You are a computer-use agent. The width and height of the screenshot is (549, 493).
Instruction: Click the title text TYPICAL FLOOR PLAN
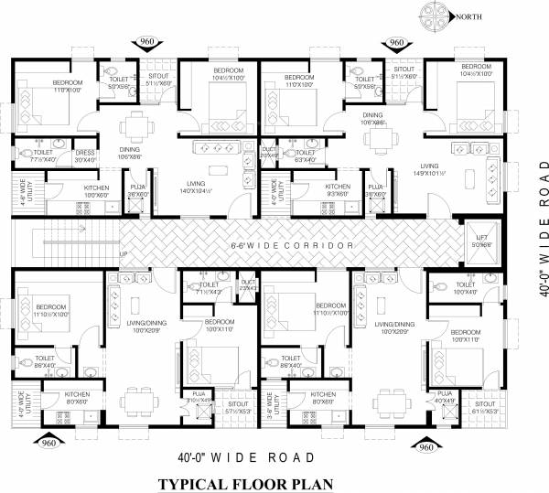tap(240, 483)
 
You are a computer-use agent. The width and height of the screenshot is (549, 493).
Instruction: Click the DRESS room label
tap(85, 156)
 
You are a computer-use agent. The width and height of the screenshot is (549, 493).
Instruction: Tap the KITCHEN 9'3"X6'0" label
tap(337, 190)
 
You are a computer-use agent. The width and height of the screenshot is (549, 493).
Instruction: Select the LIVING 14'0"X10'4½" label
tap(196, 187)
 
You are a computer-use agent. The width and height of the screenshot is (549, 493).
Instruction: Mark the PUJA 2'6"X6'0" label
tap(137, 191)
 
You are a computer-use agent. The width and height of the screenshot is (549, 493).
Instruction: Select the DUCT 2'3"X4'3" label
tap(248, 285)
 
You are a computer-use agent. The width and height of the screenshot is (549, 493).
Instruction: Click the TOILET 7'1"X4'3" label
tap(209, 289)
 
